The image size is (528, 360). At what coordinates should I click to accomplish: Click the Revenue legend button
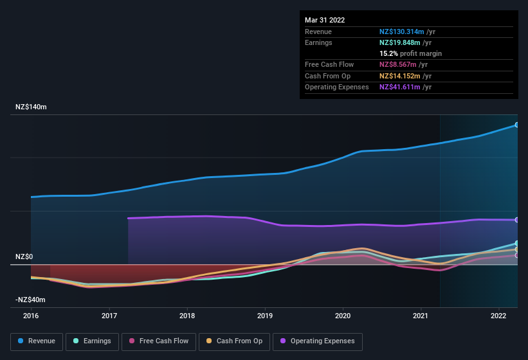click(37, 341)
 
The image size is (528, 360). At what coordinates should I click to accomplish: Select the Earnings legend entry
click(92, 341)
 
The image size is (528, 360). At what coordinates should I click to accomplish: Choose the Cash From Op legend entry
click(234, 341)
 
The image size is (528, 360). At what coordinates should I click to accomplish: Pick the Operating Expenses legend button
click(318, 341)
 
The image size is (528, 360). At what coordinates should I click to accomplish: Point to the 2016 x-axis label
click(31, 316)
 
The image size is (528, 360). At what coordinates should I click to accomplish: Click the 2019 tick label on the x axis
click(265, 316)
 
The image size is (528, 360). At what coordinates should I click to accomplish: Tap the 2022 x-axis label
click(498, 316)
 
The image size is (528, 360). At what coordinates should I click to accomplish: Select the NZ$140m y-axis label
click(31, 107)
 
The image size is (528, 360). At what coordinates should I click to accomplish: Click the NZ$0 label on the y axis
click(24, 256)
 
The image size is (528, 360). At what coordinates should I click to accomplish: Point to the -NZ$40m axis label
click(30, 300)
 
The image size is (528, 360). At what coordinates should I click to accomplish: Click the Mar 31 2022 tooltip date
click(325, 20)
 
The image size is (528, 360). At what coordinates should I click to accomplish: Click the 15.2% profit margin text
click(410, 53)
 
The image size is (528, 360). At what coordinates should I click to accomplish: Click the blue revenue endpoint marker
click(516, 125)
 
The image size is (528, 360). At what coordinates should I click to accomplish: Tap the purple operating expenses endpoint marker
click(516, 220)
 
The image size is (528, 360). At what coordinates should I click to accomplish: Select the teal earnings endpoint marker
click(516, 243)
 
